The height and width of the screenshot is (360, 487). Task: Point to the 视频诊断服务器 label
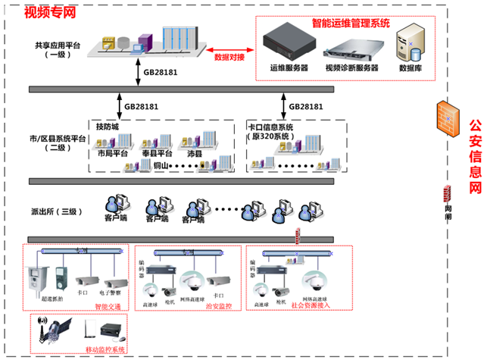coord(351,68)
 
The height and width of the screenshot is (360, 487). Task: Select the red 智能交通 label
coord(108,307)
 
